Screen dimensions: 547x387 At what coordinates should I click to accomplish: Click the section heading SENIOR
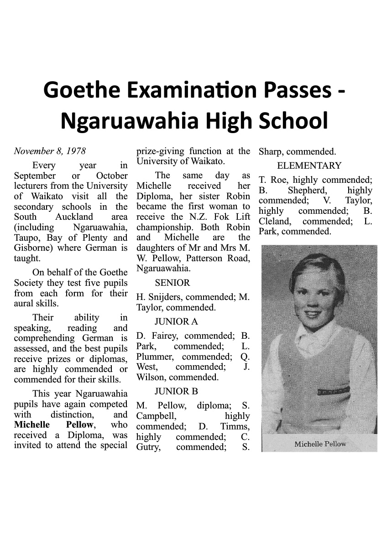tap(169, 283)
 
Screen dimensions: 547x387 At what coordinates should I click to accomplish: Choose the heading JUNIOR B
tap(176, 391)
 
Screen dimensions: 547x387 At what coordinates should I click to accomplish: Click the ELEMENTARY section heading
tap(309, 165)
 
